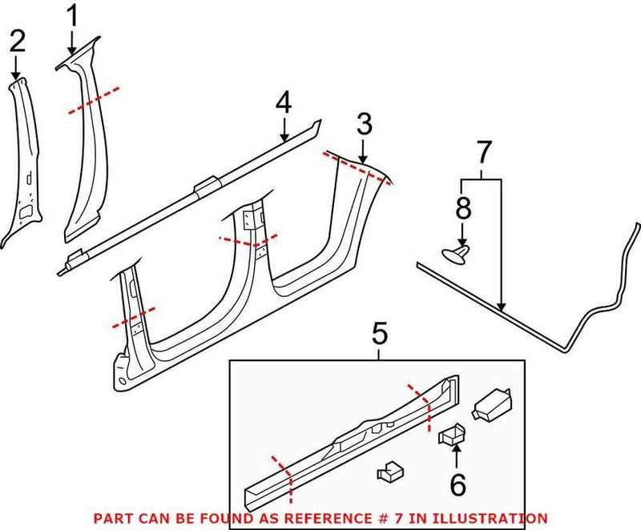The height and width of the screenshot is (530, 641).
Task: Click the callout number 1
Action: point(73,14)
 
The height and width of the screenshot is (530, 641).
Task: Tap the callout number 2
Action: point(17,42)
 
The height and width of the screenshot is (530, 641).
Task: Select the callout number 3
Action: point(364,124)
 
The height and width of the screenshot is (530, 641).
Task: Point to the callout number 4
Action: point(284,102)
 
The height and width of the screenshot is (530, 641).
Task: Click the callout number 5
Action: point(380,331)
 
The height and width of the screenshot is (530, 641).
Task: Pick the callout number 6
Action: point(457,485)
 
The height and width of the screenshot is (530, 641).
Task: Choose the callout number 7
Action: point(482,151)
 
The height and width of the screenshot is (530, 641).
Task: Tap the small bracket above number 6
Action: point(452,434)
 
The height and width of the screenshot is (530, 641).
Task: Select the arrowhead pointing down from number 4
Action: point(285,139)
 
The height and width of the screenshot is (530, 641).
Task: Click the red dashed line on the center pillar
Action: point(248,238)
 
